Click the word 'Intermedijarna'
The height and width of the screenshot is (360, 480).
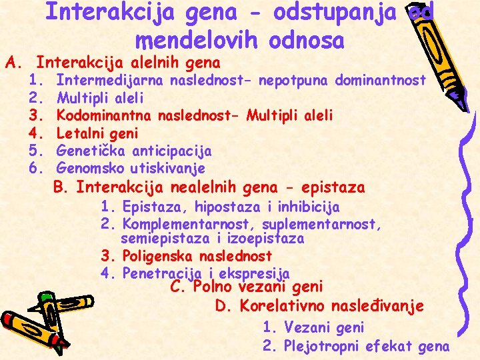point(110,81)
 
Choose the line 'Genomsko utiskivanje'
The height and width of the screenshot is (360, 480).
point(131,167)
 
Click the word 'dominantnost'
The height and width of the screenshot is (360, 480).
point(381,81)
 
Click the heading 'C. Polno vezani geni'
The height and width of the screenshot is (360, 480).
point(247,287)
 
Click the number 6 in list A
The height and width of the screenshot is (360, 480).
point(35,167)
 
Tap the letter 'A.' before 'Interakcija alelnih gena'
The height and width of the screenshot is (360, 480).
point(14,63)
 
